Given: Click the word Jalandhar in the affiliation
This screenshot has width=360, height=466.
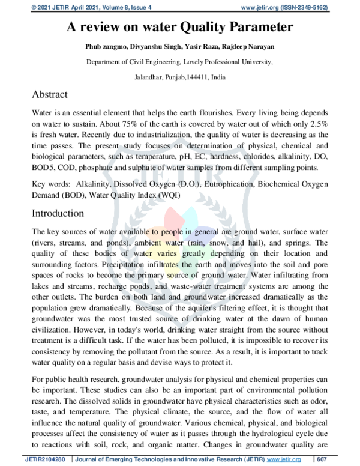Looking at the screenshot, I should [x=150, y=77].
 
